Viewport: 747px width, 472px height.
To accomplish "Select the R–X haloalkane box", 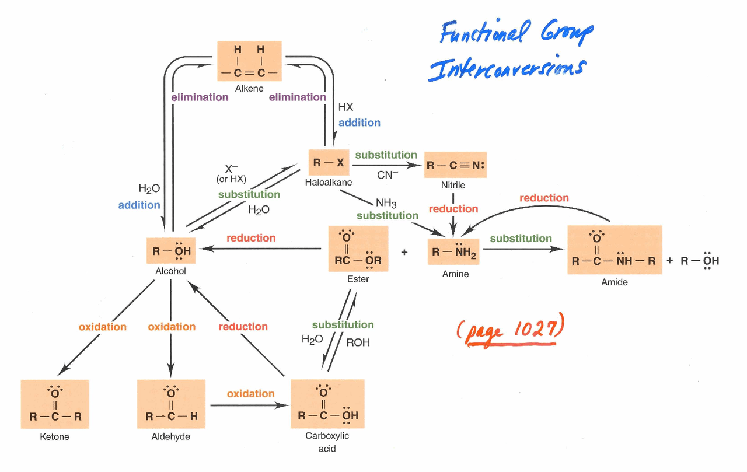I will click(x=329, y=163).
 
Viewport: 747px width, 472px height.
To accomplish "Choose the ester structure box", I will click(x=358, y=249).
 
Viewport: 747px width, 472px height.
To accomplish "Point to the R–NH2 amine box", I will click(x=455, y=253).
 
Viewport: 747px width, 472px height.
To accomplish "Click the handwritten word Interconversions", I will click(x=505, y=68).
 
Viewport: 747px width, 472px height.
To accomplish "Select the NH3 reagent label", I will click(x=386, y=203).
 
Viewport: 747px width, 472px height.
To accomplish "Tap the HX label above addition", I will click(x=345, y=107).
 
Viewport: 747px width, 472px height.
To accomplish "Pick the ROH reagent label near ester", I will click(x=358, y=342).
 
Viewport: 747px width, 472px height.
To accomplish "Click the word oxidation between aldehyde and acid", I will click(x=250, y=394).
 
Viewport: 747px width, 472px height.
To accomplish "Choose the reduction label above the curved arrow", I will click(x=544, y=198).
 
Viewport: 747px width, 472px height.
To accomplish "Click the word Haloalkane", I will click(x=329, y=183).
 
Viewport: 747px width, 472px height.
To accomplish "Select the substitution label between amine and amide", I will click(x=521, y=239).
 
